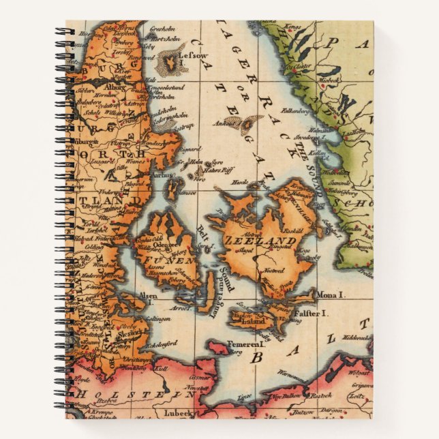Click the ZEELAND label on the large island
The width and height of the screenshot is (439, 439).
point(271,241)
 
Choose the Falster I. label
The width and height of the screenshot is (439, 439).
point(312,313)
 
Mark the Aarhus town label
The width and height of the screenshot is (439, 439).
point(161,175)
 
